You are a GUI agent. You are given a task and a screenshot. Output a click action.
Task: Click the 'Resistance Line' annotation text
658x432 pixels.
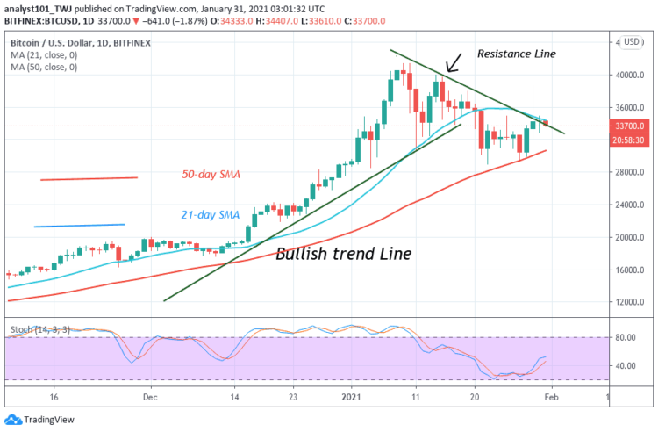tap(516, 54)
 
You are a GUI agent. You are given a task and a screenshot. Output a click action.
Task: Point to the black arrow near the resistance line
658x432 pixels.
tap(454, 63)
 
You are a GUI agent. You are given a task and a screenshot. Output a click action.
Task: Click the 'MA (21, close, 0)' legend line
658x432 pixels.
tap(43, 54)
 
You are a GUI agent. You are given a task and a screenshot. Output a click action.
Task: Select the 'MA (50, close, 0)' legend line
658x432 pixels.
tap(43, 67)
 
